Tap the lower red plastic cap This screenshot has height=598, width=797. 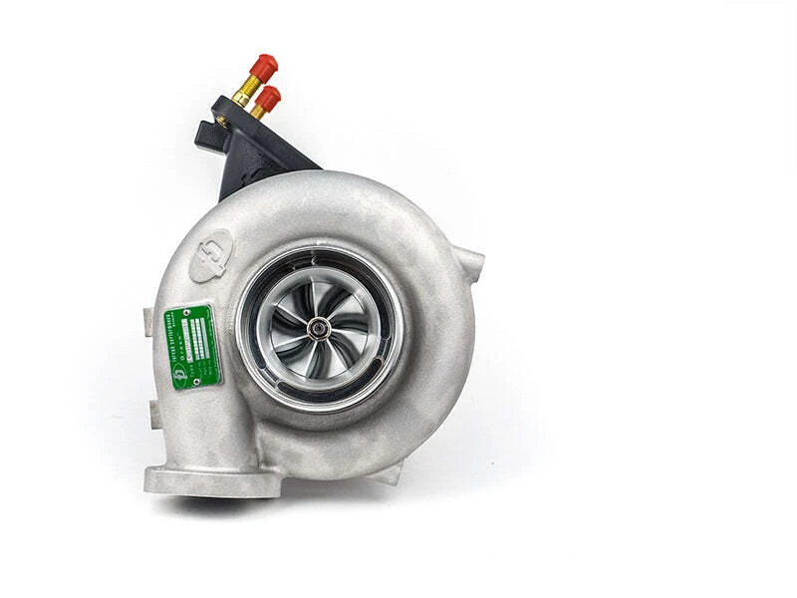[268, 97]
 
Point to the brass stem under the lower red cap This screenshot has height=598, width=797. [257, 111]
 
